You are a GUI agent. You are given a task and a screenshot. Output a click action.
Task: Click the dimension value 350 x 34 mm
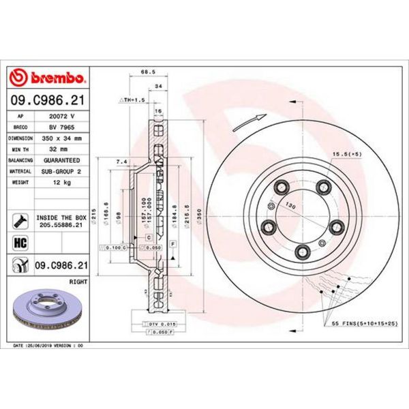61,138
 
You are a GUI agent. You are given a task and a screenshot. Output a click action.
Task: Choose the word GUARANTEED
61,161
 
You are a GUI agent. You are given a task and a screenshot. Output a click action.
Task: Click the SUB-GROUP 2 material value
61,172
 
